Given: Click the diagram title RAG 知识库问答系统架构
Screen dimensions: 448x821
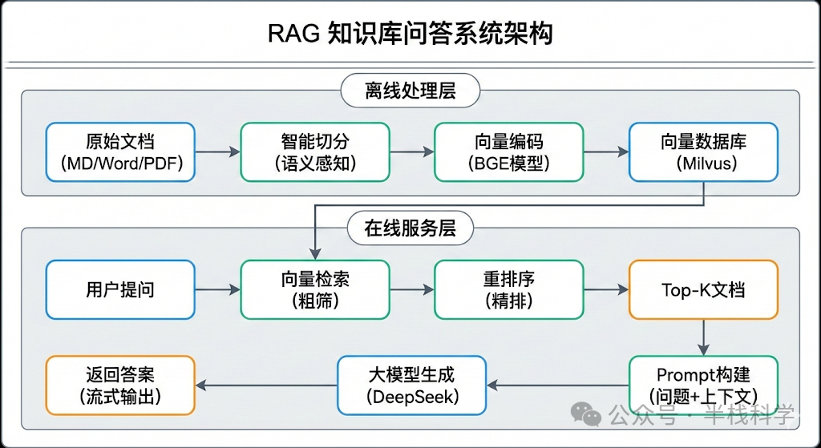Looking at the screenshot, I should pos(410,34).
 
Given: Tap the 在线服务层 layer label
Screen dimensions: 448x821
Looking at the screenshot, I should pos(410,228).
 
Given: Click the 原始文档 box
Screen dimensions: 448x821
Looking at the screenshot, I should pos(120,151).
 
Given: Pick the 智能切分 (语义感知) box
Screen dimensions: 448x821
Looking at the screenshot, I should pos(315,151).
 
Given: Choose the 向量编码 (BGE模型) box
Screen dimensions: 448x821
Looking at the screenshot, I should pos(508,151).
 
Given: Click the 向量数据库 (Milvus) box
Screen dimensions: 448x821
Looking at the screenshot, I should pos(703,151).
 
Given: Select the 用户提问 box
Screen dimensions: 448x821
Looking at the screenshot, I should pos(120,289).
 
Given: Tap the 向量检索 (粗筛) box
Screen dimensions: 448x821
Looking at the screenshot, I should pos(315,289).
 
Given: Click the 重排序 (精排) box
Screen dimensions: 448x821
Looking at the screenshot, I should pos(508,289).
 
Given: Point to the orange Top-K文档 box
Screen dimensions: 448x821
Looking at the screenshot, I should pos(703,289).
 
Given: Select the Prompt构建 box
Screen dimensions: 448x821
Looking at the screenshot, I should pos(703,385).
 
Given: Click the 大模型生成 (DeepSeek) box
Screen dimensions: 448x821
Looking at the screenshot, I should pos(412,385).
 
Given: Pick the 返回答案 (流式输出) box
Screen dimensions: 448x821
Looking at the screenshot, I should pos(120,385).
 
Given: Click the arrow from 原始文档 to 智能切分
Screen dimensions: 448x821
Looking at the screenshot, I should pos(217,151).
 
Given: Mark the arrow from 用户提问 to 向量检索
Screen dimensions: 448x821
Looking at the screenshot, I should pos(217,289).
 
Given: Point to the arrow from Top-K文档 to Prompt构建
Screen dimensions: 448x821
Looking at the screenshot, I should pos(703,337).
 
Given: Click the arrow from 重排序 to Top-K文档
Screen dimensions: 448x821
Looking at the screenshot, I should pos(606,289).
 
